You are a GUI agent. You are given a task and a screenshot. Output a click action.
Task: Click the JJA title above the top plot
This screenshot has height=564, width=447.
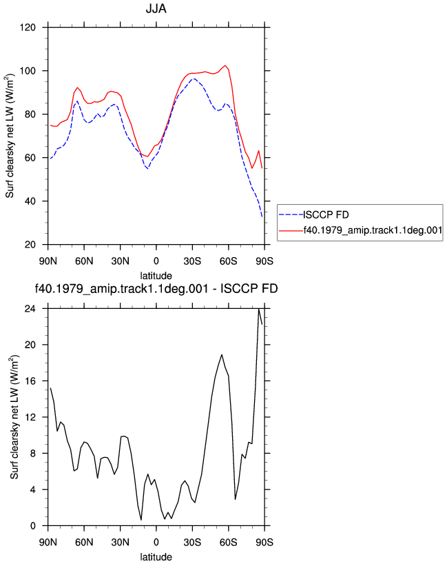click(156, 8)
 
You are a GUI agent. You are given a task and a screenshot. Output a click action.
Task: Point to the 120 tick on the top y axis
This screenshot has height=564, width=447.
click(28, 28)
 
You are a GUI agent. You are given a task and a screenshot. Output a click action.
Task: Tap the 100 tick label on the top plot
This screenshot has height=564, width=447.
click(28, 71)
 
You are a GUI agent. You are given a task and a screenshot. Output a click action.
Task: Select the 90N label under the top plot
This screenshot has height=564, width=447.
click(48, 261)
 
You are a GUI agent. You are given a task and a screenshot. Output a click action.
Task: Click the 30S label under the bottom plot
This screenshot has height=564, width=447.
click(192, 542)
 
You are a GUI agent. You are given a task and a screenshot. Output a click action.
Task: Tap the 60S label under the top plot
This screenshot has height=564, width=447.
click(228, 261)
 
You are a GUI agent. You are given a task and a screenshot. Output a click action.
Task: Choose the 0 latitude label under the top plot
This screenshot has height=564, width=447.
click(156, 261)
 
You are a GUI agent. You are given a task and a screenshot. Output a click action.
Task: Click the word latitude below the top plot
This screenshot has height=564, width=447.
click(156, 276)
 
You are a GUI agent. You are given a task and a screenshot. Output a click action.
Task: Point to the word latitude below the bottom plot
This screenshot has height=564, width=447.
click(156, 557)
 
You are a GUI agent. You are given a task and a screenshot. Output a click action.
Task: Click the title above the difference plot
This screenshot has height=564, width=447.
click(156, 289)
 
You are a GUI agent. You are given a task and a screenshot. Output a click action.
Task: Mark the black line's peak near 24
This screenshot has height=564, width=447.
click(259, 309)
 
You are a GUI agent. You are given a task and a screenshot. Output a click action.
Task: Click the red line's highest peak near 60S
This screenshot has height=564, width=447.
click(225, 66)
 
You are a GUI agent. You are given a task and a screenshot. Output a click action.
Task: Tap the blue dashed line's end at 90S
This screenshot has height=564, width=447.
click(262, 216)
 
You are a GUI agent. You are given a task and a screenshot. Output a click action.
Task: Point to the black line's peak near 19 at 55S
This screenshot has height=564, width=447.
click(222, 354)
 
